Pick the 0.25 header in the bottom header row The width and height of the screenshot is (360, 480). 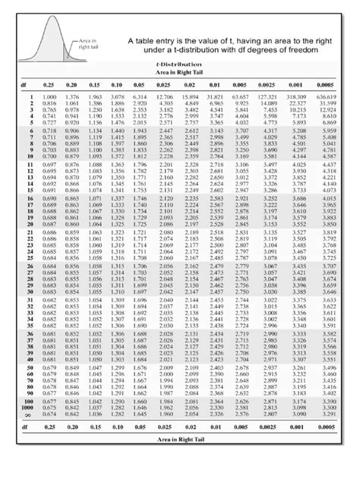[51, 428]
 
